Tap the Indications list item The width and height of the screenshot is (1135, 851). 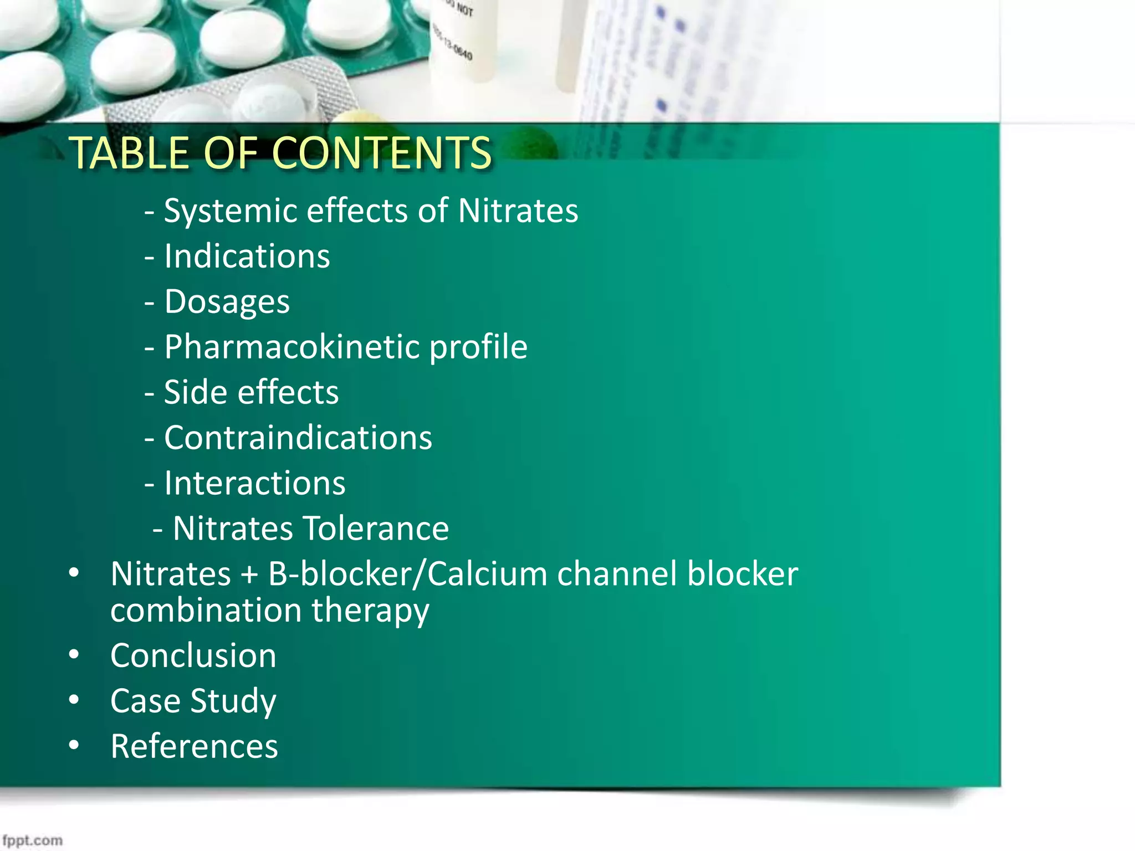(247, 257)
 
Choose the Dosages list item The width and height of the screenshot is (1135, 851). (227, 302)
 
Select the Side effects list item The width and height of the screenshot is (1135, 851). (251, 393)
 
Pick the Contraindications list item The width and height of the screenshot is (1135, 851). (298, 438)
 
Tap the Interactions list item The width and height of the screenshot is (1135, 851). (254, 483)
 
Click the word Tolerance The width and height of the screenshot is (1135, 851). (376, 529)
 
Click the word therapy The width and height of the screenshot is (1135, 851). (370, 611)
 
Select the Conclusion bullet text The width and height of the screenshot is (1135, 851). (193, 656)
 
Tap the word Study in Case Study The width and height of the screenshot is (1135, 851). (233, 701)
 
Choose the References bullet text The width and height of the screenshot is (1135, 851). (194, 746)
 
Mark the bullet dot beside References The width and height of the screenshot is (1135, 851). (74, 746)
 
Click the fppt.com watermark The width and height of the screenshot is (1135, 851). (32, 840)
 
